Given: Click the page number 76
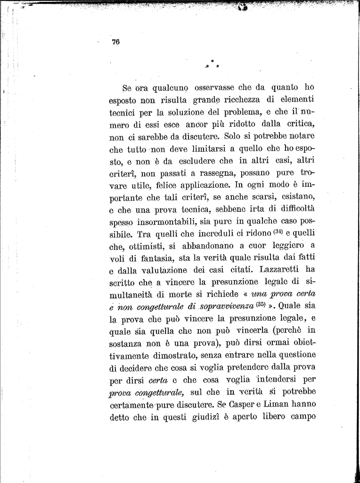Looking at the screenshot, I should coord(116,42).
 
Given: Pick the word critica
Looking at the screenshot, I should coord(299,125).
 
